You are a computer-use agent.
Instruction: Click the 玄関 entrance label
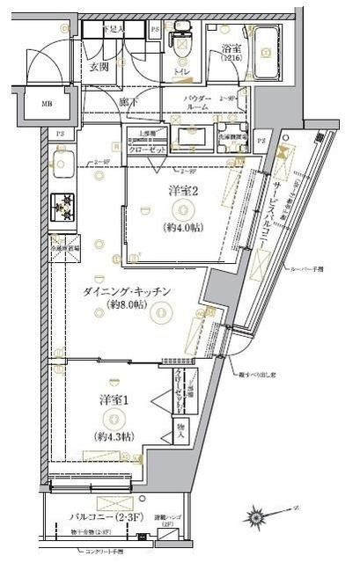coord(98,68)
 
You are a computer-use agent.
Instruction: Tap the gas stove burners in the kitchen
coord(62,206)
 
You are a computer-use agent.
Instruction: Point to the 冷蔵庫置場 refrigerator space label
coord(63,247)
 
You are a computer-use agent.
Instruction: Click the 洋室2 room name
coord(181,191)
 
